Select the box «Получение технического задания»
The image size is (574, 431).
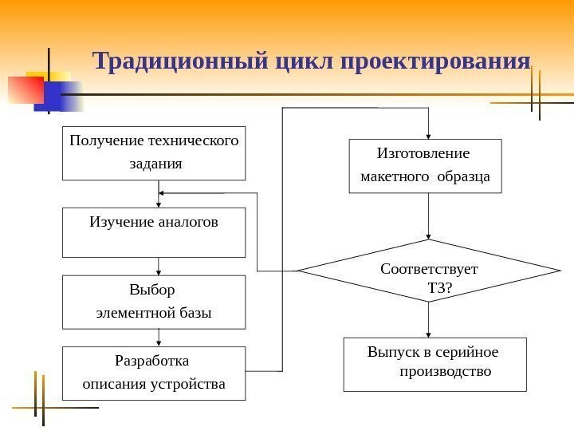click(x=154, y=153)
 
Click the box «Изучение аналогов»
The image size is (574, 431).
click(x=154, y=233)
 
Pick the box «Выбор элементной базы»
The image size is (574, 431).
click(x=154, y=302)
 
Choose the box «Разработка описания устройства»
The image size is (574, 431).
click(x=154, y=373)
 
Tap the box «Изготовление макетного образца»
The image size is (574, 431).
click(x=426, y=166)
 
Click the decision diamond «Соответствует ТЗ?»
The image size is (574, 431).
click(x=429, y=271)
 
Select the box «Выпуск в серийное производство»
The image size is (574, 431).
click(x=434, y=364)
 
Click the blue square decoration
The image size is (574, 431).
click(x=49, y=98)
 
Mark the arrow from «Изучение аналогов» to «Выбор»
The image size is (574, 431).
click(x=159, y=267)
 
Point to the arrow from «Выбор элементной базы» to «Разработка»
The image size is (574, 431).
click(x=159, y=338)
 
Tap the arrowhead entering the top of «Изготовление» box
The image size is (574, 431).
click(x=429, y=136)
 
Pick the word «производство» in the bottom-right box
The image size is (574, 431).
click(x=446, y=372)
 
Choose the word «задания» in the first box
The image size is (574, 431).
click(x=155, y=164)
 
